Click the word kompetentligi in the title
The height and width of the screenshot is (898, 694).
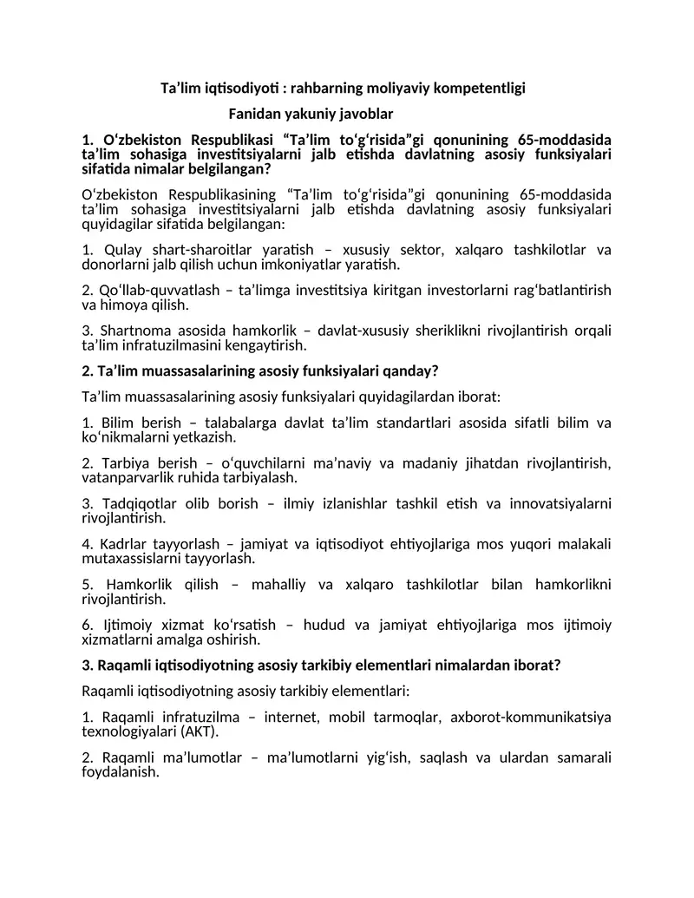[482, 88]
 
